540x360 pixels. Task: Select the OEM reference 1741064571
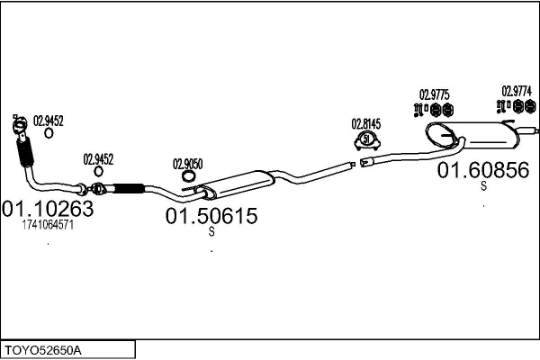click(x=48, y=225)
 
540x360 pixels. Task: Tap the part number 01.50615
click(x=211, y=216)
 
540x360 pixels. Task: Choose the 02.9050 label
click(x=187, y=164)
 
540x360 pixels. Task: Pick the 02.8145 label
click(x=366, y=124)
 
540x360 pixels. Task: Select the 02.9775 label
click(x=435, y=94)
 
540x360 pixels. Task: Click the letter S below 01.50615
click(x=211, y=232)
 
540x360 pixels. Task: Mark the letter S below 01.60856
click(x=483, y=186)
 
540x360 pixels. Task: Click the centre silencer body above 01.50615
click(x=237, y=184)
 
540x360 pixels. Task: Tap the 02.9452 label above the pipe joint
click(x=98, y=158)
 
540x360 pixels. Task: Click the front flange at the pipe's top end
click(x=18, y=125)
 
